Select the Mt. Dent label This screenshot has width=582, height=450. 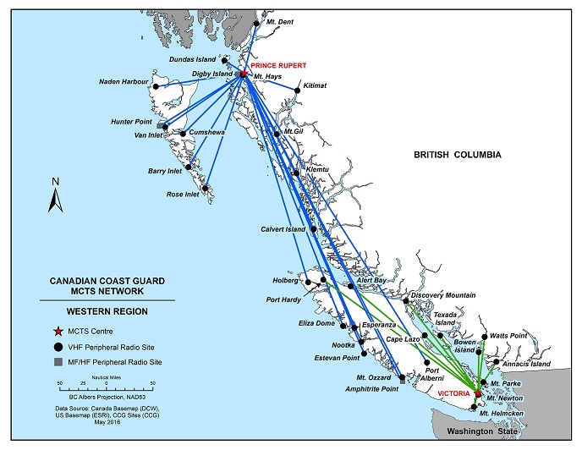coord(280,22)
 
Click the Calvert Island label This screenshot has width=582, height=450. coord(283,229)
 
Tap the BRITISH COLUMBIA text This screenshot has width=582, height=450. coord(458,155)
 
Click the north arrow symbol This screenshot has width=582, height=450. coord(55,196)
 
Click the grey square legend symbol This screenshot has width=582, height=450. coord(58,362)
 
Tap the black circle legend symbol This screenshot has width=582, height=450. coord(58,346)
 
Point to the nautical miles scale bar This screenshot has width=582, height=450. coord(88,387)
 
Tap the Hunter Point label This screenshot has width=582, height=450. coord(130,122)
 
